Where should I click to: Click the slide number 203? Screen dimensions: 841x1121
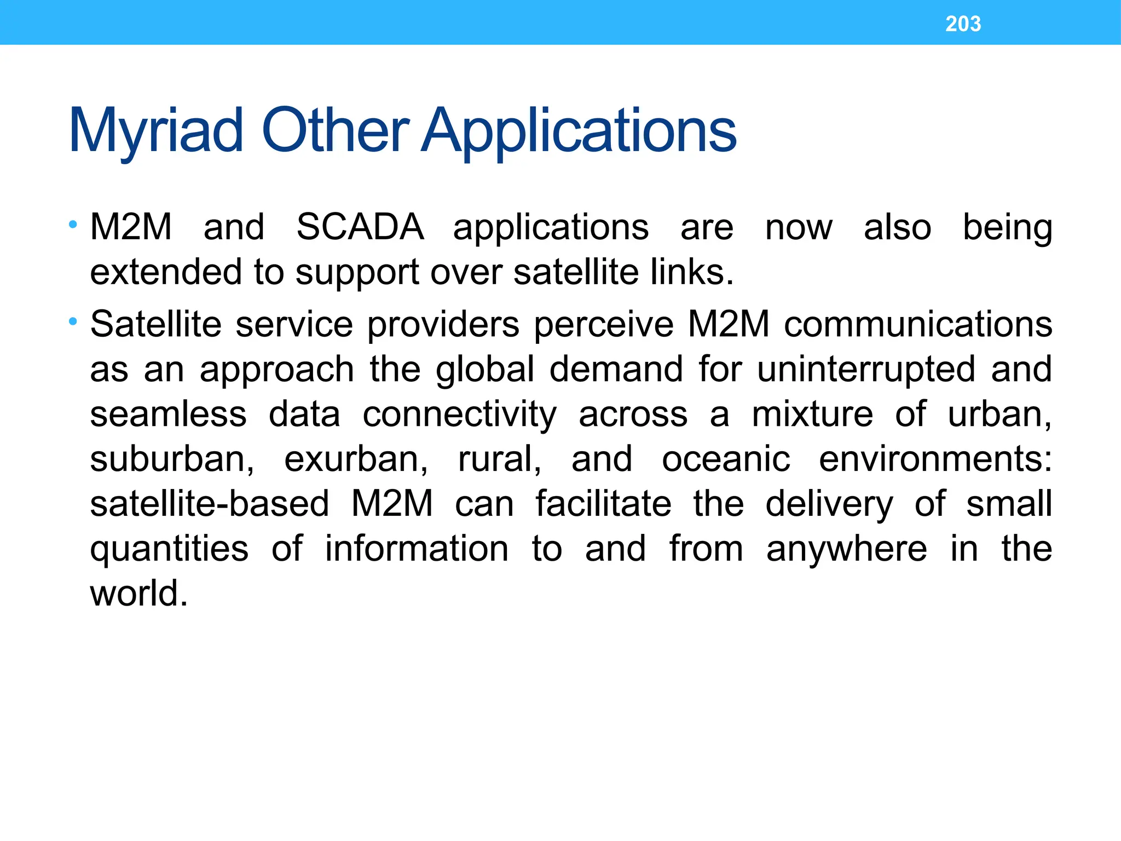tap(963, 24)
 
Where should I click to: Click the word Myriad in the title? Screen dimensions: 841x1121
tap(156, 131)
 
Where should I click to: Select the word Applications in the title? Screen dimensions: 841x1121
tap(579, 131)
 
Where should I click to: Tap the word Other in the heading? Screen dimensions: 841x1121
tap(335, 131)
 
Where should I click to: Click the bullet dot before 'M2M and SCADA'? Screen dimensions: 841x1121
tap(73, 224)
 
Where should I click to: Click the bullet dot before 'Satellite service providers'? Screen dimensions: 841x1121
tap(73, 321)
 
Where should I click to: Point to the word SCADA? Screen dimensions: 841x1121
tap(360, 227)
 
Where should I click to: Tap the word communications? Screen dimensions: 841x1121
tap(918, 325)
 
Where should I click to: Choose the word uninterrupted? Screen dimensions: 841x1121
tap(866, 370)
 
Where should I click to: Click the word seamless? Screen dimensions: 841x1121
tap(169, 414)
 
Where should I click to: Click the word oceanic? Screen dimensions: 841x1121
tap(726, 459)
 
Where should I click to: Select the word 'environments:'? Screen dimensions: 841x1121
tap(935, 459)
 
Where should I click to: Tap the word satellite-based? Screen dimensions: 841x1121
tap(210, 504)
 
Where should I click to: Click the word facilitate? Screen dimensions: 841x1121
tap(603, 504)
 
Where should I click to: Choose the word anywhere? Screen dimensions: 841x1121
tap(846, 549)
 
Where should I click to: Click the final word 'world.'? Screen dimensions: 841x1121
tap(139, 594)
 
